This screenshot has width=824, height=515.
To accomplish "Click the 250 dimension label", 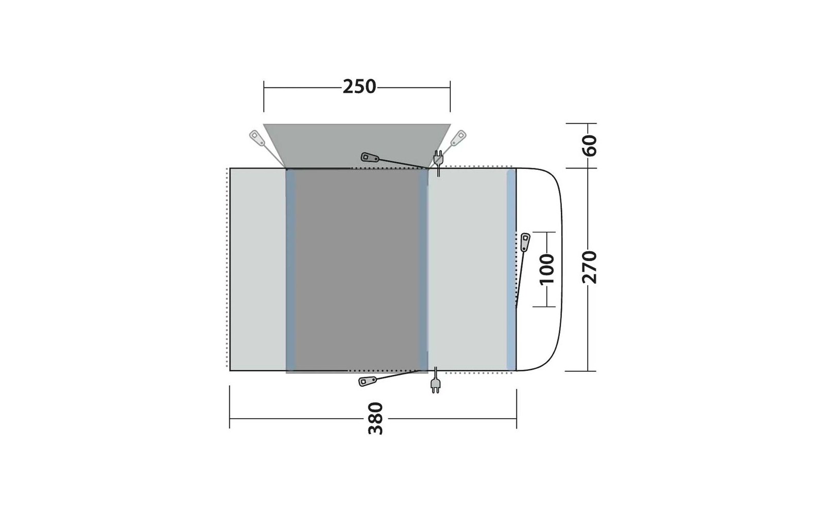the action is click(359, 87).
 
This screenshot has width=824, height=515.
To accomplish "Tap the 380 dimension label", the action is click(375, 418).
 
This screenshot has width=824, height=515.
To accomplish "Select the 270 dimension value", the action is click(589, 267).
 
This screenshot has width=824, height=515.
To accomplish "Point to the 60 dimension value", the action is click(590, 146).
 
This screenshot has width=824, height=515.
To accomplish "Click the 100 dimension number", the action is click(546, 269).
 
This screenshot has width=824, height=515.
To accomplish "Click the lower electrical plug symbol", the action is click(436, 381).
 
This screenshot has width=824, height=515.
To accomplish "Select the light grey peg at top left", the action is click(257, 138).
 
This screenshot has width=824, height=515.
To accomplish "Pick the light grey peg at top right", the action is click(458, 138).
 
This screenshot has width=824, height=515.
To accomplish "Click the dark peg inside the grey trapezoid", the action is click(370, 158).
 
